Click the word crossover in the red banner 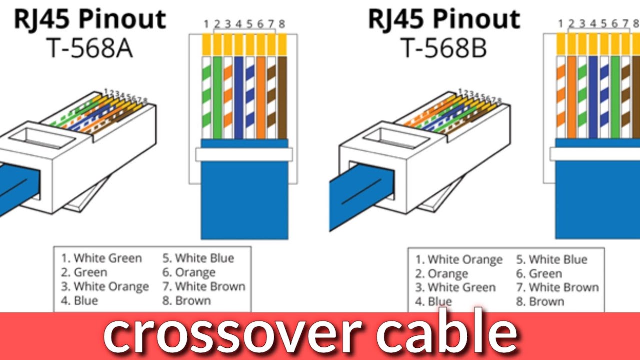pos(232,333)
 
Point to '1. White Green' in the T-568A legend pos(102,258)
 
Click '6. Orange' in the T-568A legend pos(189,272)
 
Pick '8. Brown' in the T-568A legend pos(186,301)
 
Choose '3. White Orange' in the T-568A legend pos(105,287)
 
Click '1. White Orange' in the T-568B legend pos(459,260)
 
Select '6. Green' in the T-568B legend pos(539,274)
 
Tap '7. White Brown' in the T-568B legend pos(557,288)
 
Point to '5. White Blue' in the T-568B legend pos(552,260)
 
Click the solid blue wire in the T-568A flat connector pos(239,97)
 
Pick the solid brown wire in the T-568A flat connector pos(282,97)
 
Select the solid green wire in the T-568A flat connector pos(217,97)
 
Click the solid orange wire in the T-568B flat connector pos(572,97)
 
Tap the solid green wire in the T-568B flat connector pos(615,97)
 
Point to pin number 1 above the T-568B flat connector pos(561,24)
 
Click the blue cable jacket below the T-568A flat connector pos(244,200)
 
